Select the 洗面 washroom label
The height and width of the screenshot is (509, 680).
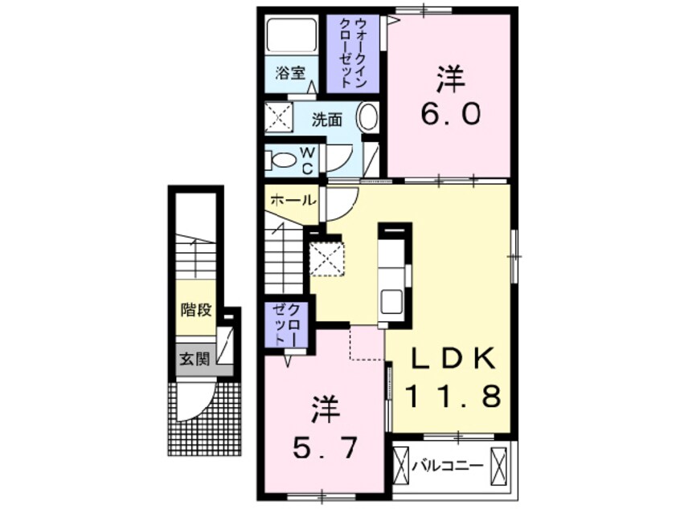327,120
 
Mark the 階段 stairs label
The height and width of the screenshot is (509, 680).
196,309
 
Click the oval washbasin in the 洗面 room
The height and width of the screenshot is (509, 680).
368,119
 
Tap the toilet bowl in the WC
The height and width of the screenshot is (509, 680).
284,159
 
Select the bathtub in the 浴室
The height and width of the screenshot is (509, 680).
291,35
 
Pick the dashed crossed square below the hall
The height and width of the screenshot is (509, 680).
327,258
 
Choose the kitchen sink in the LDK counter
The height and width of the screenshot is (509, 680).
392,302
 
